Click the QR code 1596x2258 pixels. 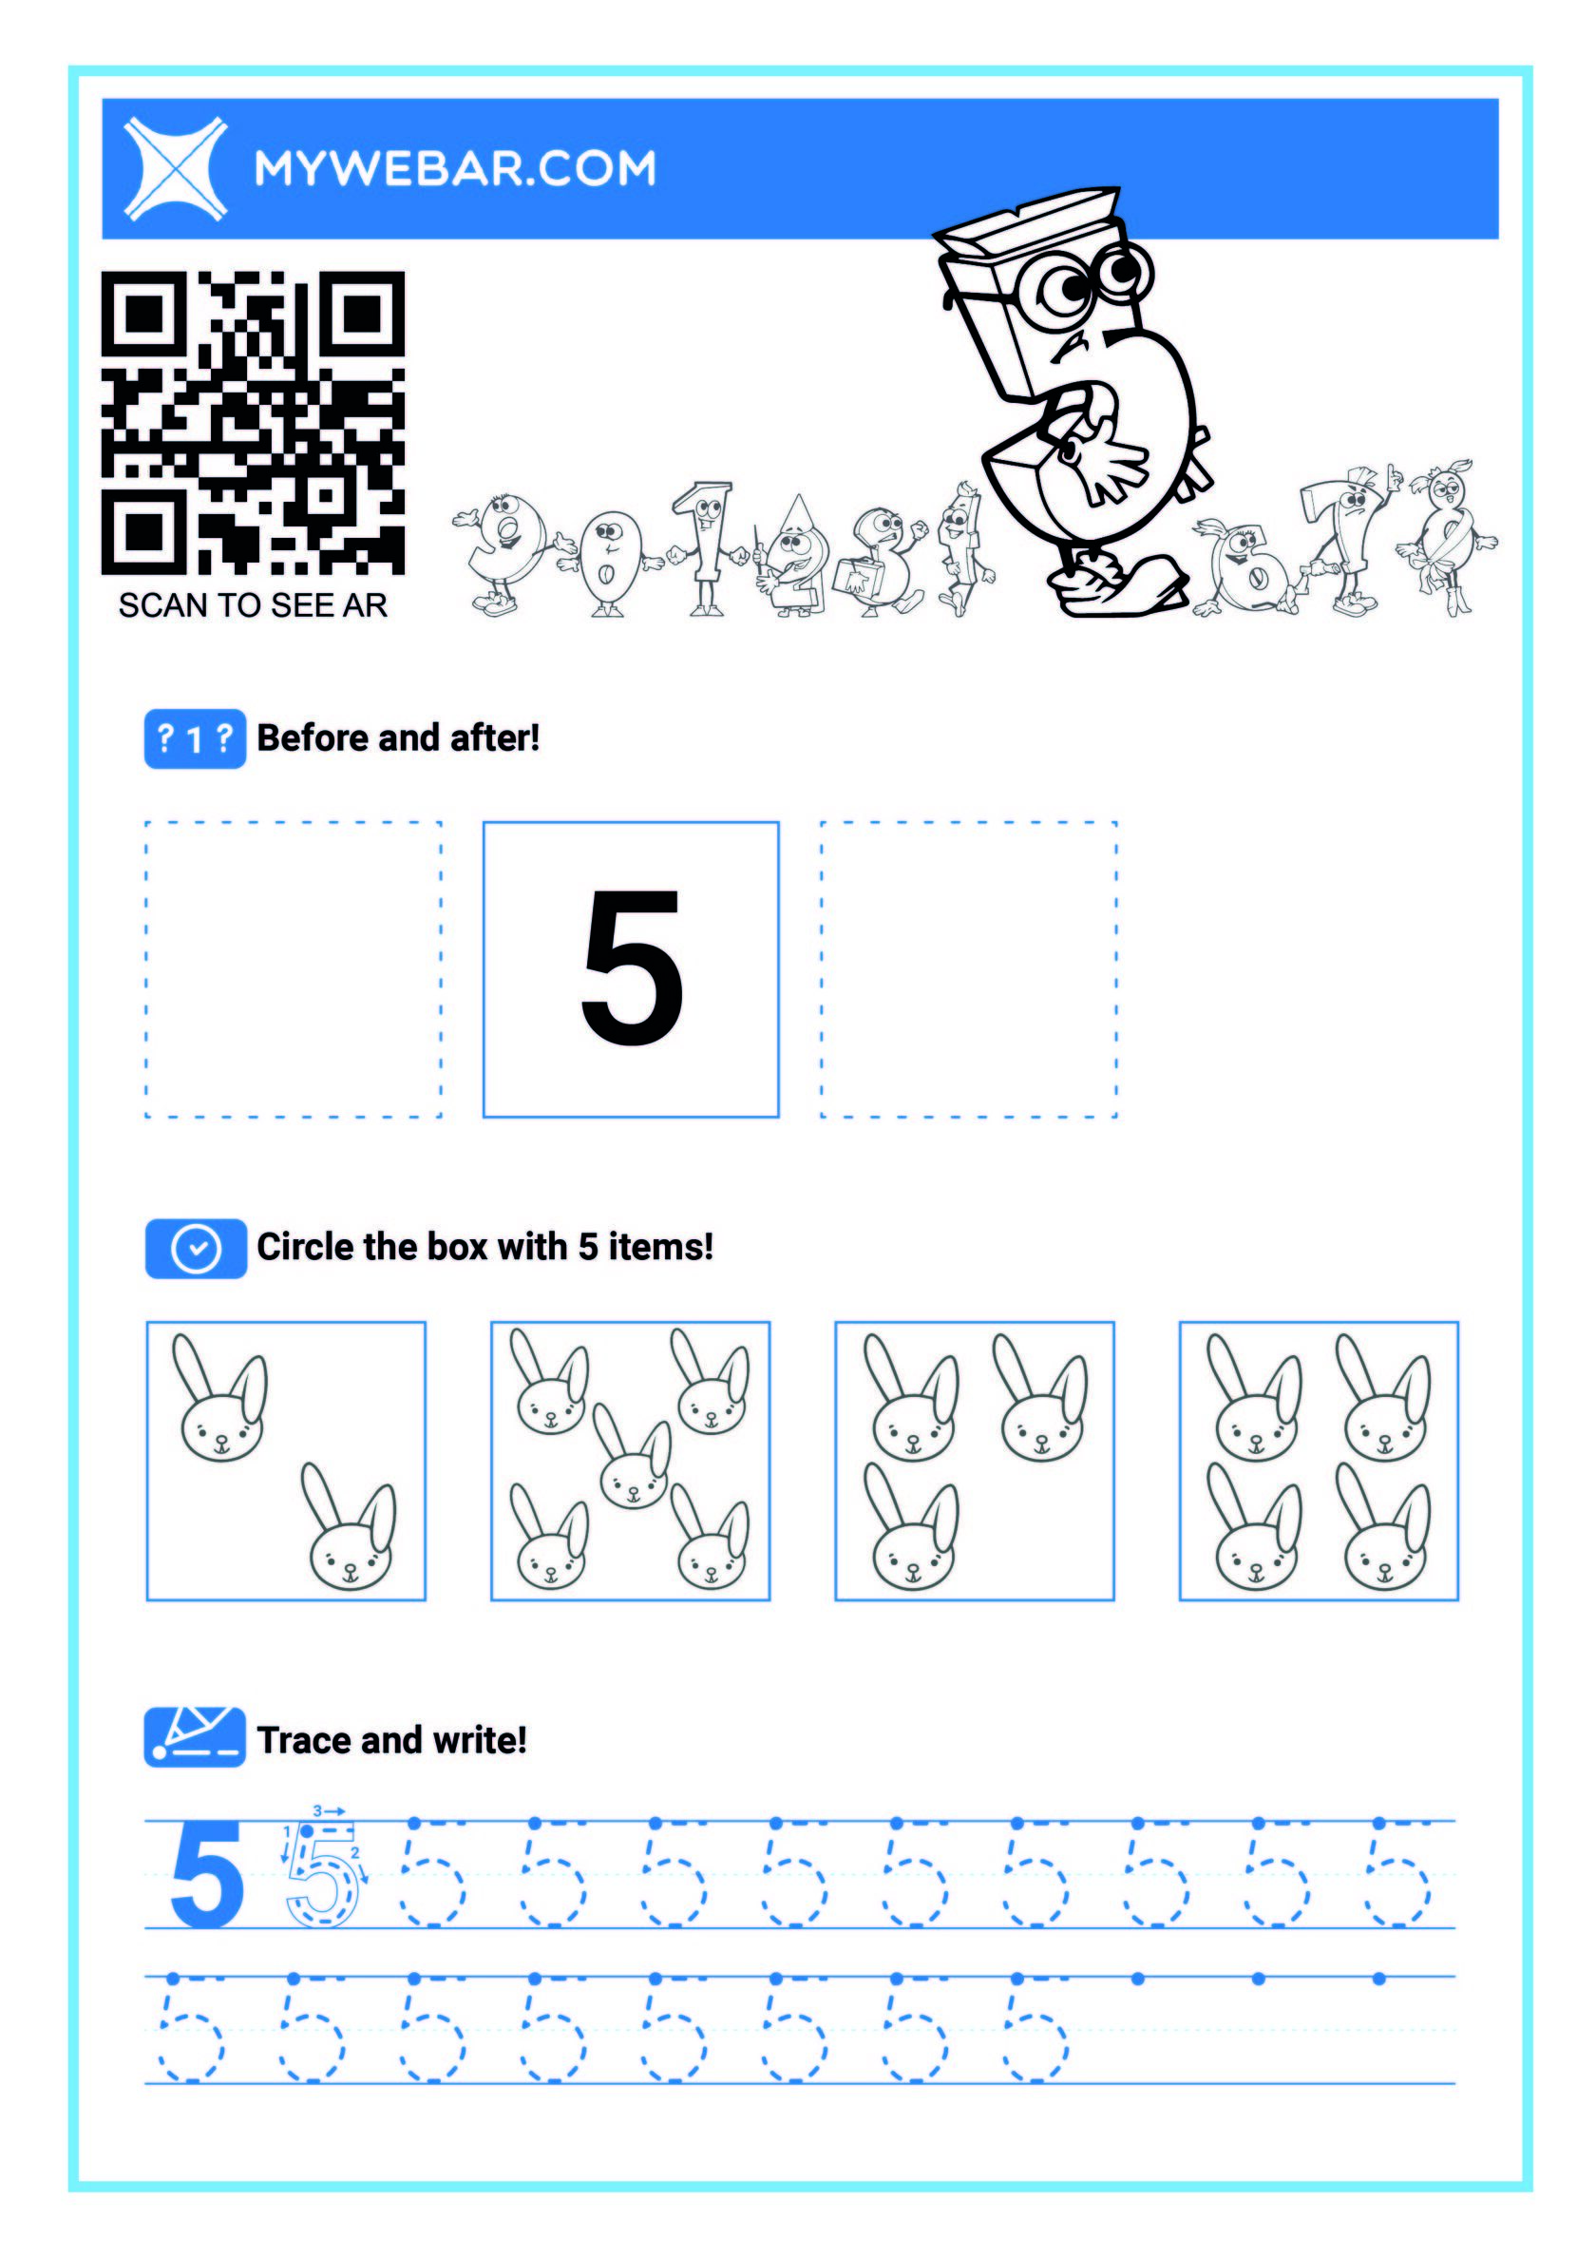pos(253,423)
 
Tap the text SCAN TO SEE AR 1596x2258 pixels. pos(253,605)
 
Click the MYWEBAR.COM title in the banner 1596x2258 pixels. pos(455,168)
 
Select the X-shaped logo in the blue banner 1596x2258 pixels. pos(176,168)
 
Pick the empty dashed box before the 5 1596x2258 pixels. pos(293,969)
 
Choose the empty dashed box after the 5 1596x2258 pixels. pos(969,969)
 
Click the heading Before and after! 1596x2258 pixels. pos(398,738)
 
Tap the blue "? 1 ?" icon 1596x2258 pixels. pos(195,738)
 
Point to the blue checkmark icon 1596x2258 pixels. pos(196,1249)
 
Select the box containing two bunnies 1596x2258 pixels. pos(286,1462)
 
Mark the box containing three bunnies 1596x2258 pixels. pos(975,1462)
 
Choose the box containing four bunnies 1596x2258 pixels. pos(1319,1462)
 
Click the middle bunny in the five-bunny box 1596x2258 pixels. pos(633,1458)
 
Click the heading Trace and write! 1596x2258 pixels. pos(391,1741)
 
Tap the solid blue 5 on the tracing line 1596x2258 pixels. pos(207,1873)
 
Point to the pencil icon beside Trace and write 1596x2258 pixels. pos(195,1738)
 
